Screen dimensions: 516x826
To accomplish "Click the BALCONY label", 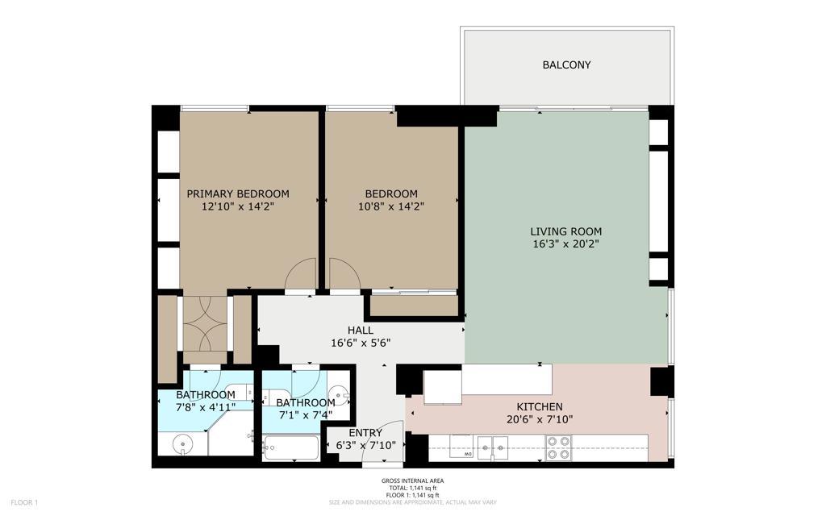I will (x=566, y=64).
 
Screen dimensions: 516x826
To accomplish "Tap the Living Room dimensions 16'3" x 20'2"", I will (x=565, y=243).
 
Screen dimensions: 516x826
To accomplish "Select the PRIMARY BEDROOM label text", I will (x=238, y=193).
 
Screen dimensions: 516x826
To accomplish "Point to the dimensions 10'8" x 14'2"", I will (x=391, y=206).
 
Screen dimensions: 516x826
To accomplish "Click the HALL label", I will (x=360, y=331).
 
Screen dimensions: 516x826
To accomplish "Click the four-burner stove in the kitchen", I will (x=558, y=447).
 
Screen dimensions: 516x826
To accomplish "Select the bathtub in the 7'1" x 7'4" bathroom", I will (x=291, y=447).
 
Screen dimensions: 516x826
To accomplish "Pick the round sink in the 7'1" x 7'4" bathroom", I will (x=341, y=394).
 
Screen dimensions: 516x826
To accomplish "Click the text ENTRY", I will (x=365, y=433).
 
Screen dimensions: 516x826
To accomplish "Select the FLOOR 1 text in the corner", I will (x=25, y=503).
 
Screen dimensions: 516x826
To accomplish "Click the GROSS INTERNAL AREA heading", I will (x=412, y=481).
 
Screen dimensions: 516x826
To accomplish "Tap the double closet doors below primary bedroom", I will (x=205, y=323).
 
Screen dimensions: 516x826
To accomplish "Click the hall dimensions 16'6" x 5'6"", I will (x=361, y=343).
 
